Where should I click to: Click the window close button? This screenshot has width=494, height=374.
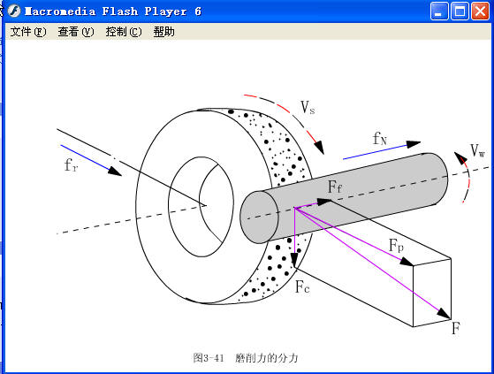(x=480, y=11)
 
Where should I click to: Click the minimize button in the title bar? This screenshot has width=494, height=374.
(x=439, y=11)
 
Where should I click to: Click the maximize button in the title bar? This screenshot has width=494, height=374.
(x=460, y=11)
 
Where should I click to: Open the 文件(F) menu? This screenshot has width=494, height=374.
(x=27, y=32)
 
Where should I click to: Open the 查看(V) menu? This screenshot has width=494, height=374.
(x=75, y=32)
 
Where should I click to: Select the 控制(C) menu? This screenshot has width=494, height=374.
(x=123, y=32)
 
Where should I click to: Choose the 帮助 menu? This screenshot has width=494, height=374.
(x=163, y=32)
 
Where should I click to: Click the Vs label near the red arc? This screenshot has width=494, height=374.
(x=308, y=108)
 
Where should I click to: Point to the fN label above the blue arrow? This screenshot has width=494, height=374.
(x=380, y=139)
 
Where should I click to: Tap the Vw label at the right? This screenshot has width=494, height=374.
(x=477, y=150)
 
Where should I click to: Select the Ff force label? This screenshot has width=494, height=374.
(x=335, y=187)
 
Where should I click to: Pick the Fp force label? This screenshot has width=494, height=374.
(x=396, y=245)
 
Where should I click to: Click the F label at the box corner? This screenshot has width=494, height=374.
(x=455, y=328)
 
